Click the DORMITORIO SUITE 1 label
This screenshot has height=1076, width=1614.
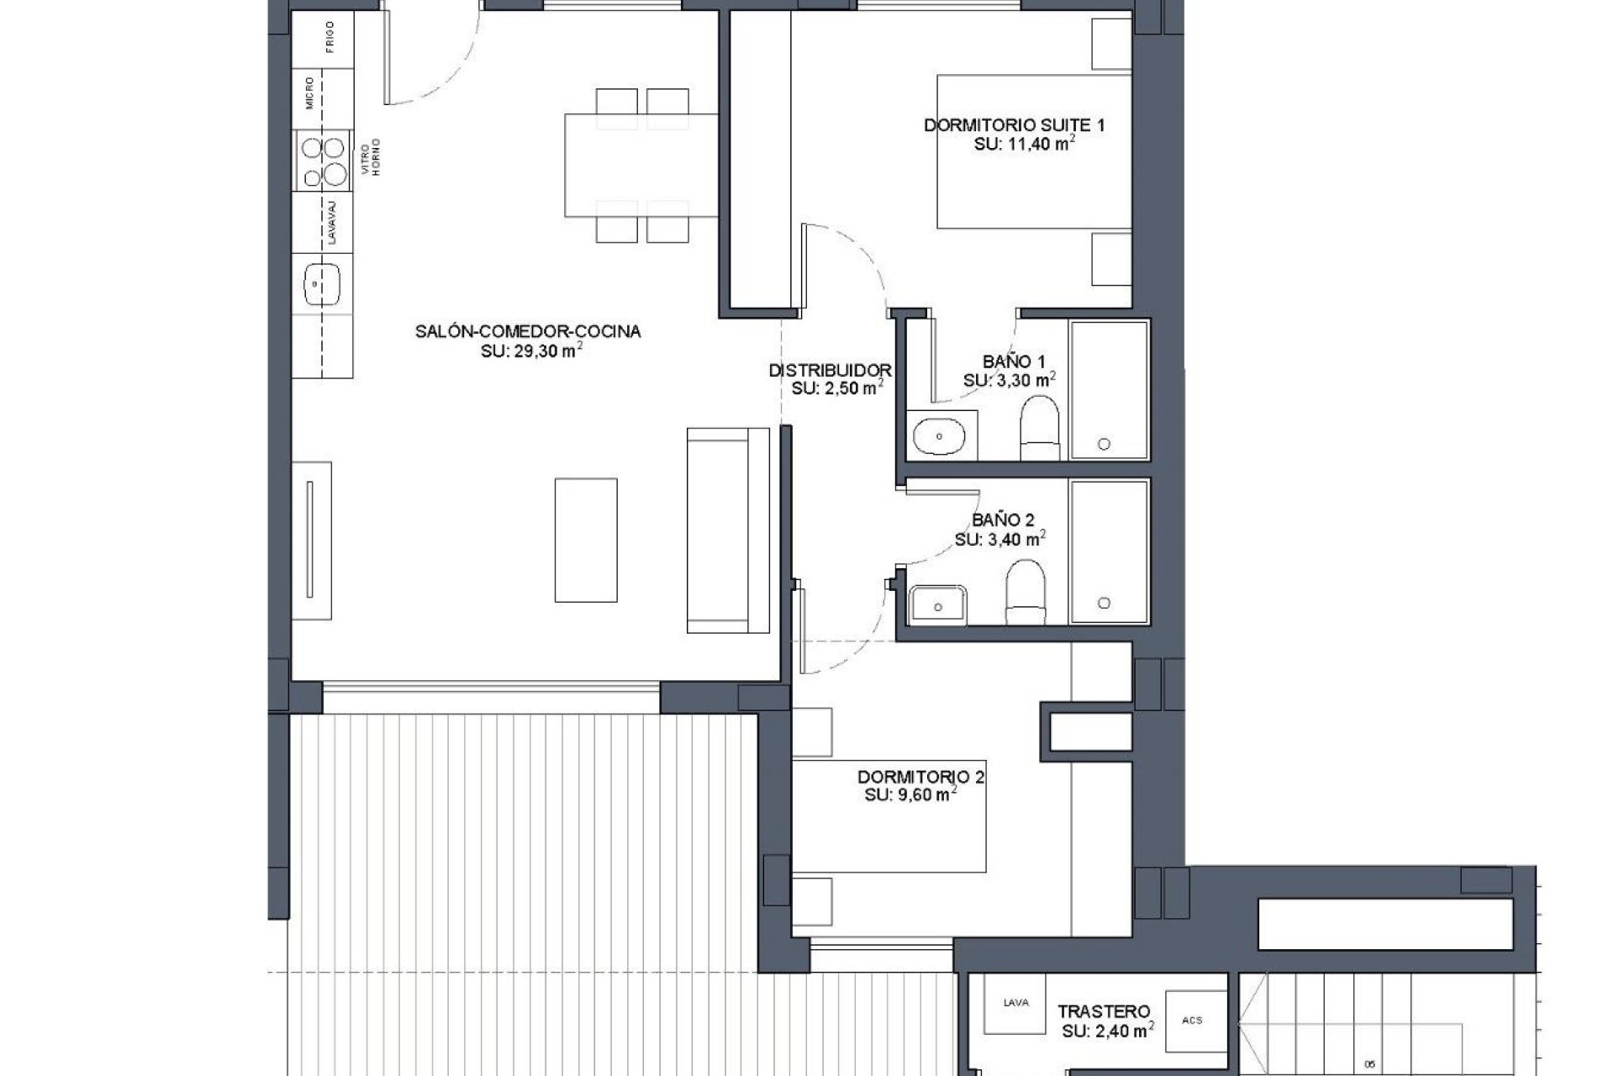(x=1014, y=125)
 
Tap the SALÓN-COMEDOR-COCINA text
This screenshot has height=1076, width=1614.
(x=528, y=331)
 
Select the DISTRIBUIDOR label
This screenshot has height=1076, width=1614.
(x=830, y=370)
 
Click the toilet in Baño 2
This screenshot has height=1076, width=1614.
(x=1026, y=591)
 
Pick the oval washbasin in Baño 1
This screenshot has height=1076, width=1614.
(x=939, y=436)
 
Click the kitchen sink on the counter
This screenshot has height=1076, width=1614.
(x=321, y=284)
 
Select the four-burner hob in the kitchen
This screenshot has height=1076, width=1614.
(x=324, y=161)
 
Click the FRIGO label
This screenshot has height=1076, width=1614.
(x=330, y=37)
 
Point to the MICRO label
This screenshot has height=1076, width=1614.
(x=310, y=92)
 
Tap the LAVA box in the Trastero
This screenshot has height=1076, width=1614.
(x=1015, y=1003)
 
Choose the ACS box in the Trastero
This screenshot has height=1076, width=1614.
(x=1191, y=1021)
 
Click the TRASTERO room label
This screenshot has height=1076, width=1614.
(x=1103, y=1011)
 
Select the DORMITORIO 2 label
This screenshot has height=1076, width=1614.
(x=920, y=777)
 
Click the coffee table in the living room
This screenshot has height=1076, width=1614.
(x=586, y=540)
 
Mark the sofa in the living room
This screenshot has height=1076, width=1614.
(x=728, y=530)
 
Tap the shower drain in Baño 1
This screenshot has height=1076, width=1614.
(x=1104, y=444)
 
